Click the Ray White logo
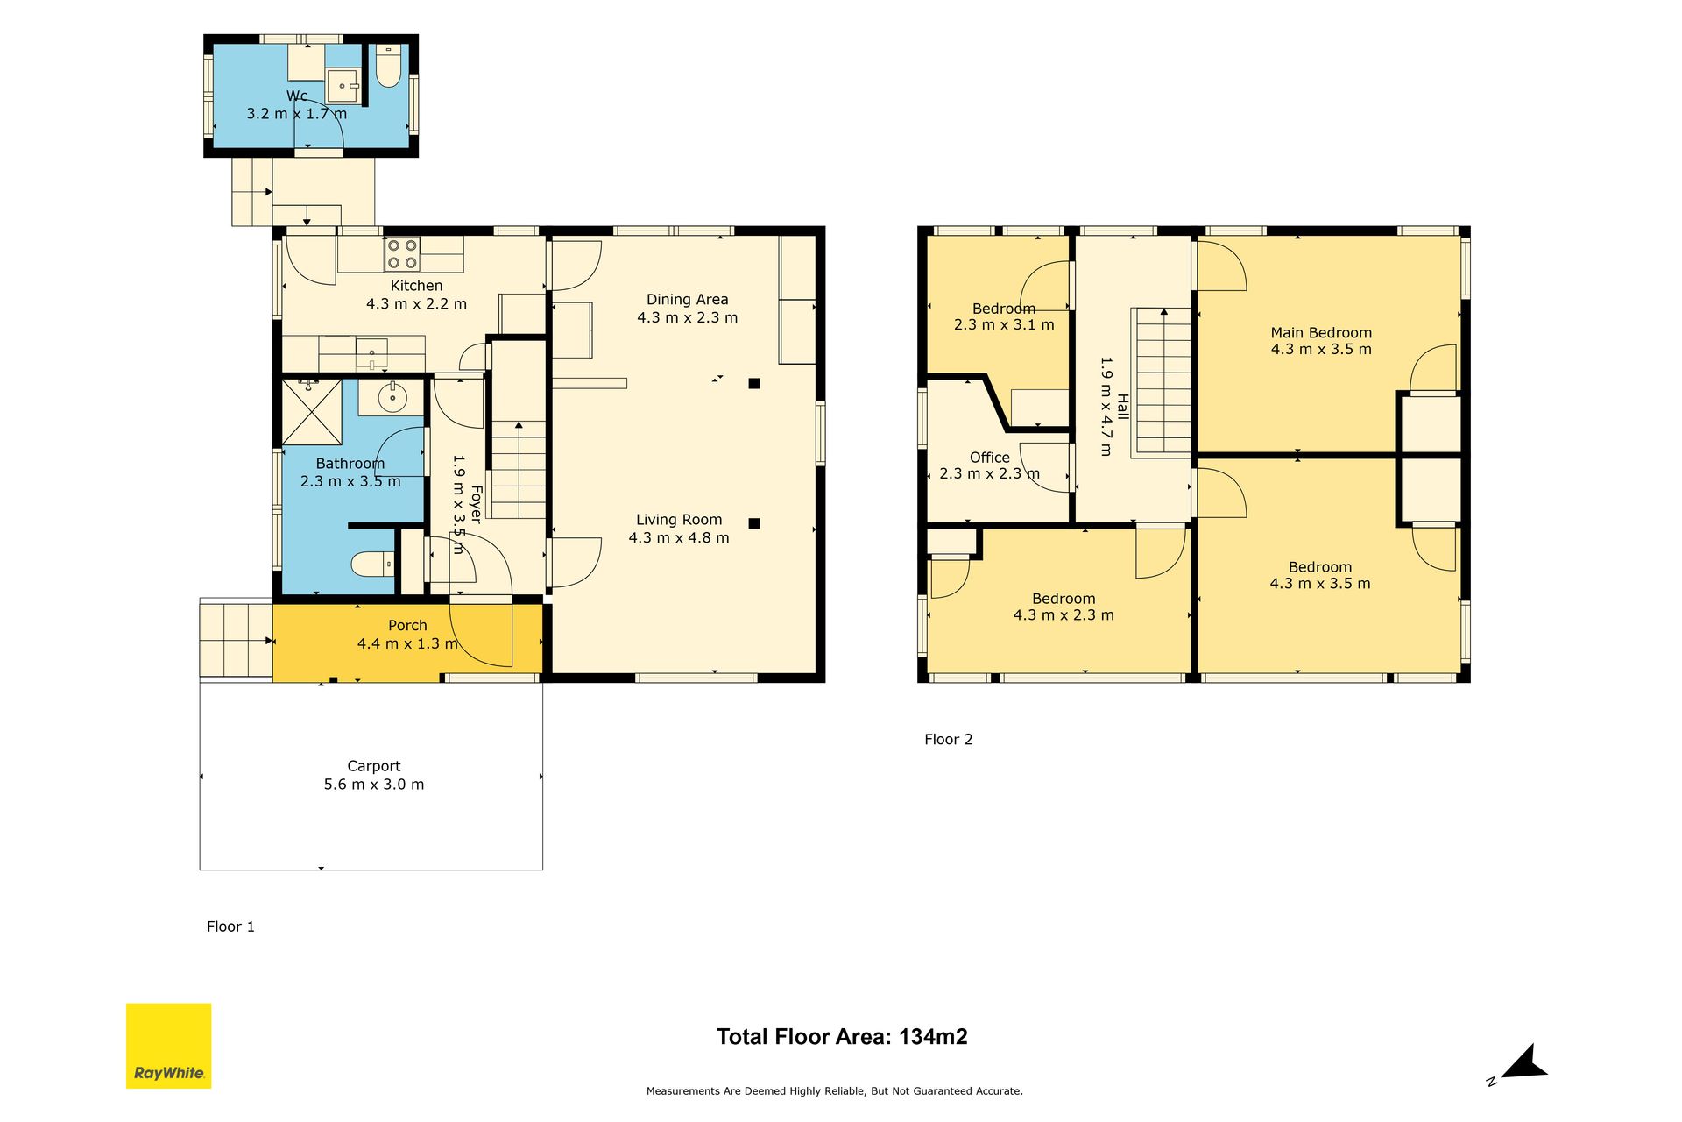[169, 1046]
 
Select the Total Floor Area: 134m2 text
[842, 1037]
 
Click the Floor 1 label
[230, 927]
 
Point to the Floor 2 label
[949, 739]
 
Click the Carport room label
[374, 766]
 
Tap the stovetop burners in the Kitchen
[402, 254]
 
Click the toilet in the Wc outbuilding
[388, 66]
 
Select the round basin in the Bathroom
[392, 398]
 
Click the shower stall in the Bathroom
[312, 412]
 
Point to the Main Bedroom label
[1321, 333]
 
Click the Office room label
[990, 458]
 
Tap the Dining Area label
[688, 300]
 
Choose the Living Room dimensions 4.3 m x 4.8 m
[679, 538]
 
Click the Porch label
[407, 626]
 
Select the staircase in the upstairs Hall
[1163, 382]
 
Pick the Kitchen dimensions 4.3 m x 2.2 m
[416, 304]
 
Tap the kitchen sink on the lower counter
[371, 352]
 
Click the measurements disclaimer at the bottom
[835, 1091]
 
